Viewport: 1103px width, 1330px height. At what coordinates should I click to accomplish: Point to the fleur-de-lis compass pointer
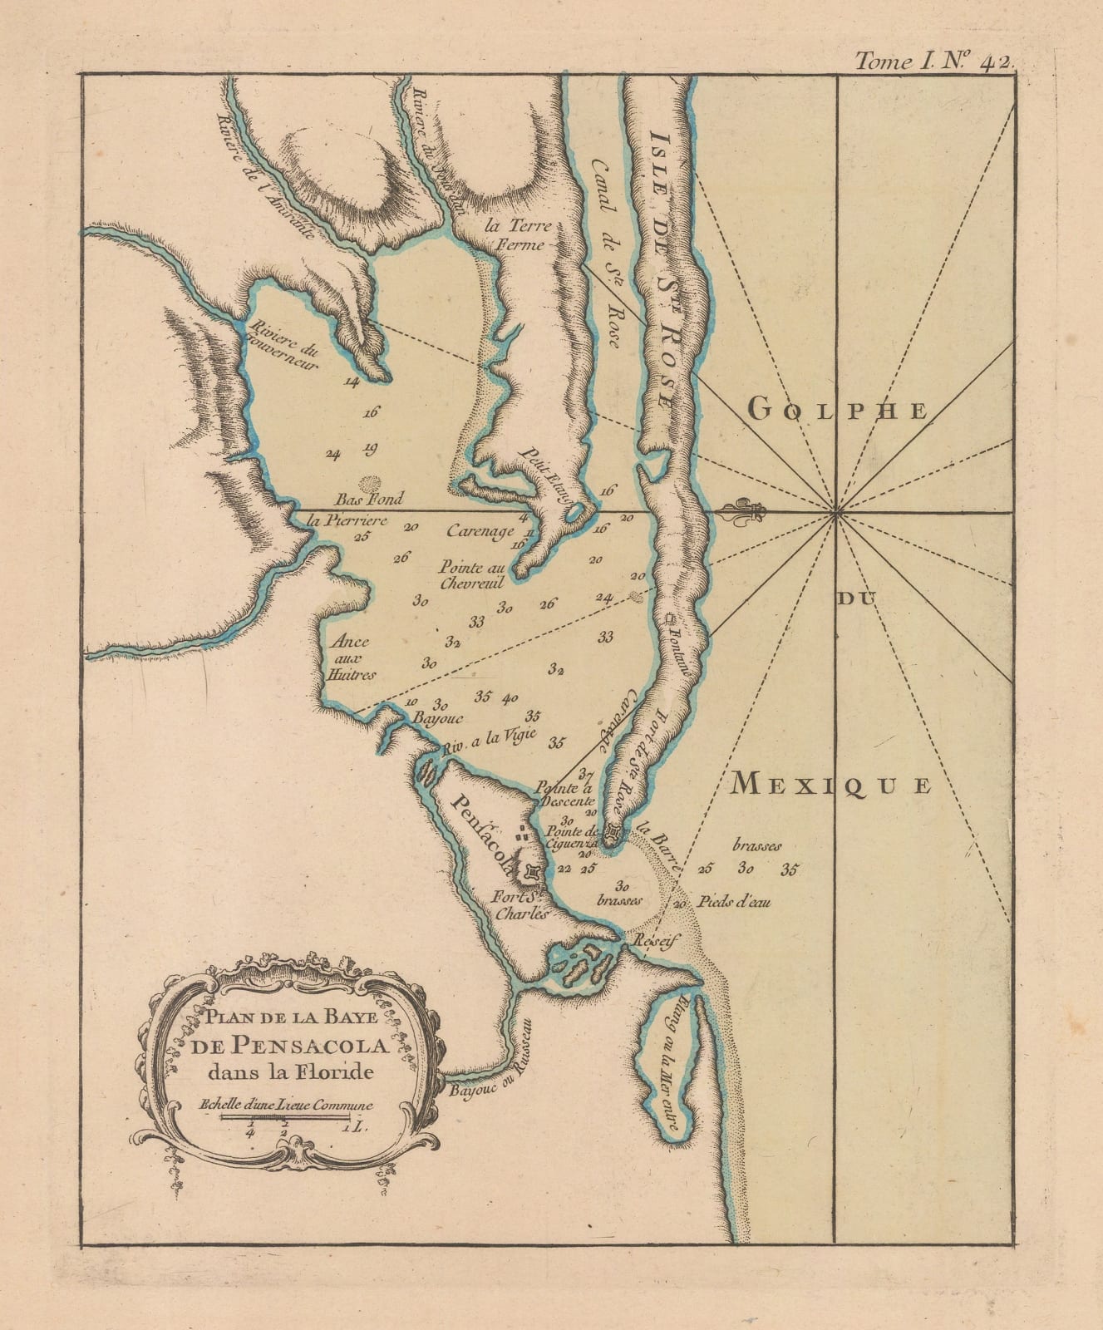pos(742,512)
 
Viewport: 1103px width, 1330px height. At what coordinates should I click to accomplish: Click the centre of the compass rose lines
pos(835,510)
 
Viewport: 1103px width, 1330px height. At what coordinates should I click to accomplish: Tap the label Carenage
pos(480,531)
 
